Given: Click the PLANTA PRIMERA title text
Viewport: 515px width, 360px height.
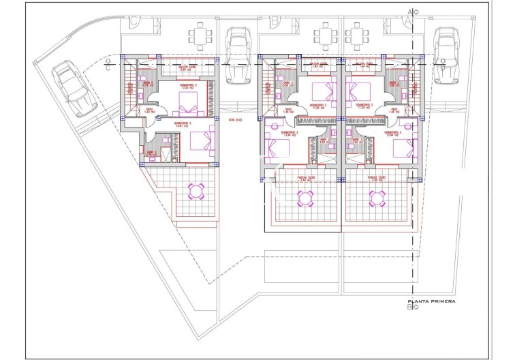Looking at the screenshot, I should [431, 301].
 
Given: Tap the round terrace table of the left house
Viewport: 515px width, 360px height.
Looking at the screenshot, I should [197, 190].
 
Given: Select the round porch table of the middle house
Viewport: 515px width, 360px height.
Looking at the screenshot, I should [305, 198].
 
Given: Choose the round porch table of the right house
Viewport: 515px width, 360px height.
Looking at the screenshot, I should [377, 198].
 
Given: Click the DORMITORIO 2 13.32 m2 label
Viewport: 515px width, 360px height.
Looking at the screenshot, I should [188, 87].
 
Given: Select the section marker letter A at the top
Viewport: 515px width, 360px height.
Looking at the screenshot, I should [409, 12].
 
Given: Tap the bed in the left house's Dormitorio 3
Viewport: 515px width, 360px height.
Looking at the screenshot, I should [202, 141].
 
